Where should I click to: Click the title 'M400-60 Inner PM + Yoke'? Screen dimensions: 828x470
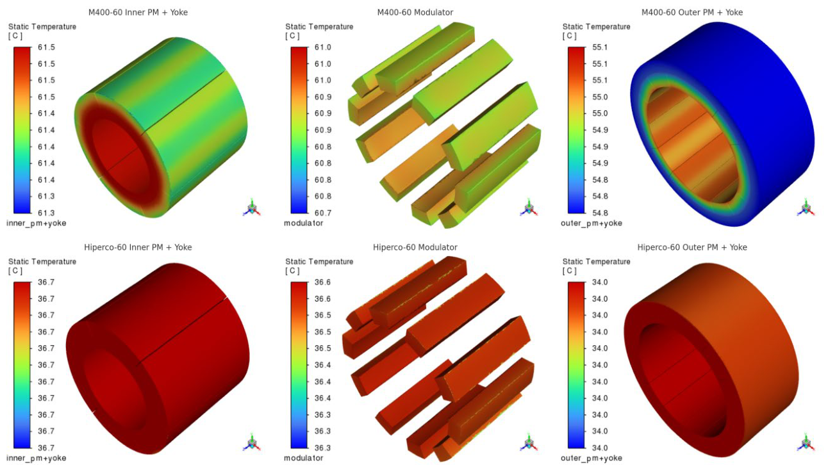138,12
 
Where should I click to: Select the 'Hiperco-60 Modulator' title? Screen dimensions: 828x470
415,247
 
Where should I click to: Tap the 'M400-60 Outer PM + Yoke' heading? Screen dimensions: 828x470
692,12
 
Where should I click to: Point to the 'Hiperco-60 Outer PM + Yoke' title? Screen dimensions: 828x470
692,247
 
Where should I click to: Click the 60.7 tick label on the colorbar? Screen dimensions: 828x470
323,213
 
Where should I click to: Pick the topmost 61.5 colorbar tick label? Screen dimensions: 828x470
46,47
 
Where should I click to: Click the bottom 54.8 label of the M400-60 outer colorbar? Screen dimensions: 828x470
600,213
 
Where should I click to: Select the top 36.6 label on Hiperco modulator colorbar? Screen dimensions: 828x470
323,282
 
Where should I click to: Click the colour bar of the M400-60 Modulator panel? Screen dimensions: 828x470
299,130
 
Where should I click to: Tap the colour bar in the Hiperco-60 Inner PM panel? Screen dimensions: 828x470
22,365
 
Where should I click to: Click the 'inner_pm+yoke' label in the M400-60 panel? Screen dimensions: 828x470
37,223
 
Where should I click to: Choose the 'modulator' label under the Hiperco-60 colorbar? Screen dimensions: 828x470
304,458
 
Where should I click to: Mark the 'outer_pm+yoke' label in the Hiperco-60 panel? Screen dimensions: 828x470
592,458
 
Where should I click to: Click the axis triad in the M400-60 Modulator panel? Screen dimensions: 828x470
529,208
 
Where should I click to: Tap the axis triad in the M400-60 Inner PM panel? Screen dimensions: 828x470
252,208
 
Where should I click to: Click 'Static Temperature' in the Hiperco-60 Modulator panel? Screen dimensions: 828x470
319,261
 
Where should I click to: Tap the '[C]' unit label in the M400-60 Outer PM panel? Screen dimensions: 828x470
569,36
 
